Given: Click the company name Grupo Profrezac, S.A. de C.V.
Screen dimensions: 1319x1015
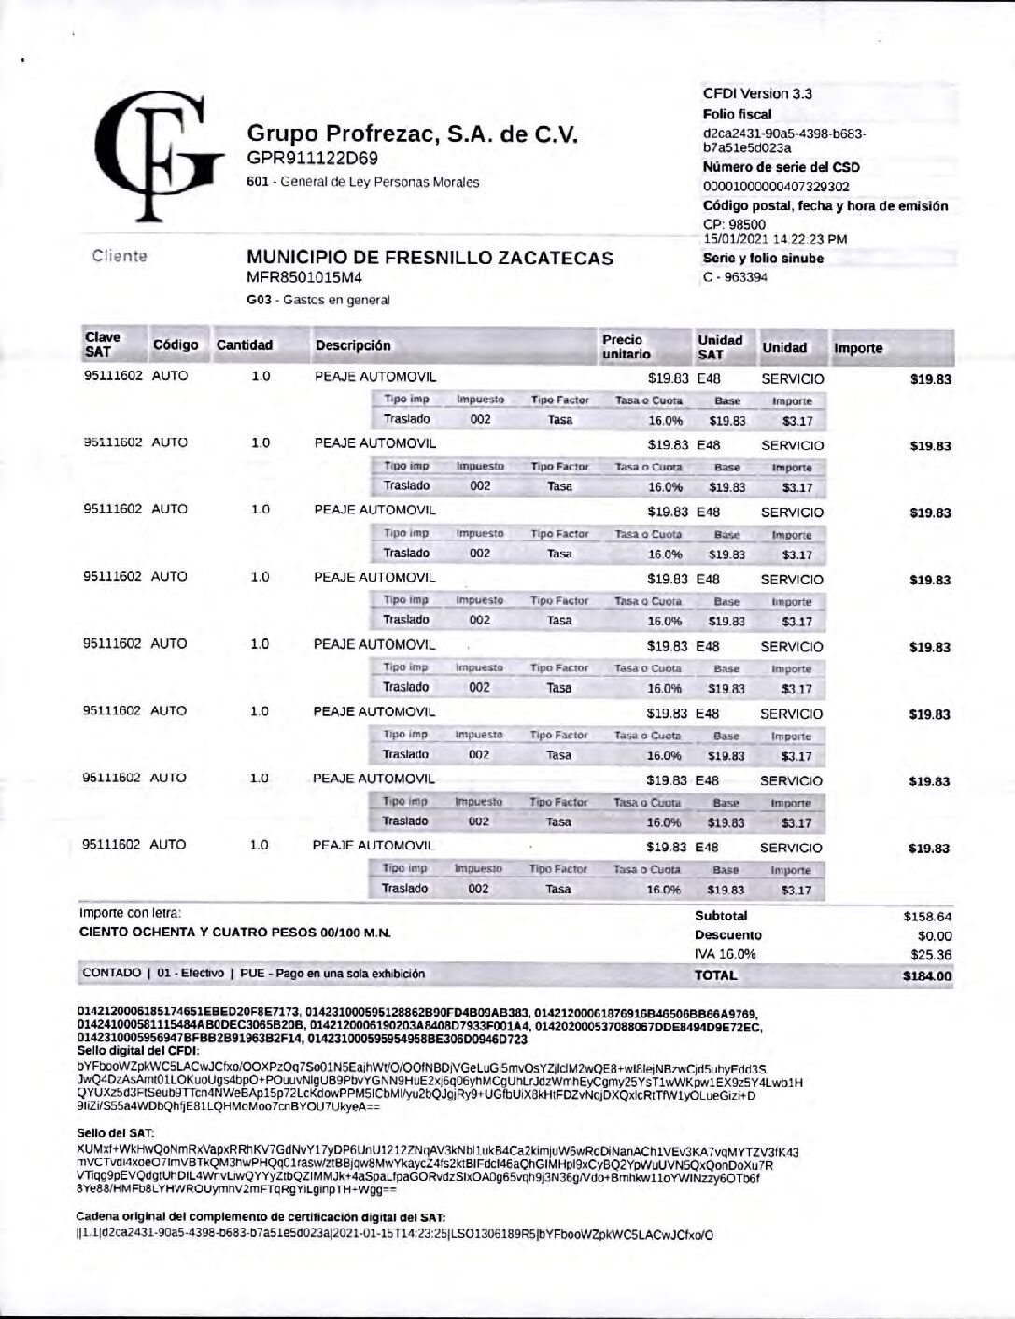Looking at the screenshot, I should coord(412,134).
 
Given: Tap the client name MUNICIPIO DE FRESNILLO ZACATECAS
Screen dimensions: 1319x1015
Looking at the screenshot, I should coord(430,258).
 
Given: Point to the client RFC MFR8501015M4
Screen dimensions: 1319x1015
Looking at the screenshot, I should coord(303,277).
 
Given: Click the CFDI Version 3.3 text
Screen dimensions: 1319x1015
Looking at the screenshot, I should coord(757,93).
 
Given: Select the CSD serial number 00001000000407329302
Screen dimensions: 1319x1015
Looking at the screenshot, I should coord(776,187).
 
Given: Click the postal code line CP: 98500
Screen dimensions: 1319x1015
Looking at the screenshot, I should coord(734,224).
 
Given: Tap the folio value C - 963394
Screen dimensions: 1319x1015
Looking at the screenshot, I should coord(735,277).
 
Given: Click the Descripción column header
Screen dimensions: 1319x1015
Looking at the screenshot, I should coord(353,345).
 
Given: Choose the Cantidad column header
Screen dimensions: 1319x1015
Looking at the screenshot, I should coord(245,345).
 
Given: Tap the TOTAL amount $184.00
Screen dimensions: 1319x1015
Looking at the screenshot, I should coord(927,976).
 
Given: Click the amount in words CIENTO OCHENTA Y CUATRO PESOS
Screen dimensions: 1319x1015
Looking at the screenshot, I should coord(234,933).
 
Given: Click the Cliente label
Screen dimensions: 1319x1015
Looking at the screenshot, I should coord(120,256).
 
